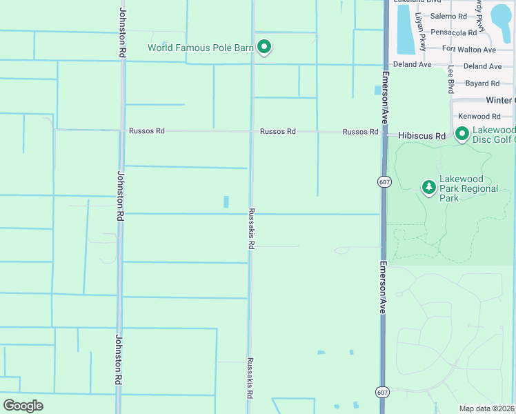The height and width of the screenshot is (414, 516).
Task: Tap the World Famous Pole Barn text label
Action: coord(201,48)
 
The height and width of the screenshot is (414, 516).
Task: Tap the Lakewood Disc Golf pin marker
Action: coord(462,133)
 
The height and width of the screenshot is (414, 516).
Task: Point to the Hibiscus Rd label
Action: coord(422,137)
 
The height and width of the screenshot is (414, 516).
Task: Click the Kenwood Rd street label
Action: coord(479,117)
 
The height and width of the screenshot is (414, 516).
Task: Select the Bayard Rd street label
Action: coord(482,83)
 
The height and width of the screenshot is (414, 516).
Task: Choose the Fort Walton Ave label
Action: coord(469,50)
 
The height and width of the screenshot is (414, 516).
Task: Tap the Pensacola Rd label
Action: coord(453,32)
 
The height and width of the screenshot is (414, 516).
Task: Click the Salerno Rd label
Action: coord(448,16)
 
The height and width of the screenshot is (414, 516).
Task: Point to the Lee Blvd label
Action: coord(450,79)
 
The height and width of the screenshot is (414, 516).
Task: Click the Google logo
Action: coord(23,406)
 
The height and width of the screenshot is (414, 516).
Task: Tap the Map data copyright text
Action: coord(487,408)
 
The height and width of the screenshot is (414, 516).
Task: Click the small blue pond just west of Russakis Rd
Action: coord(226,201)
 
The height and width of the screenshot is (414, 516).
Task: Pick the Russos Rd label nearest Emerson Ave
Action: coord(360,132)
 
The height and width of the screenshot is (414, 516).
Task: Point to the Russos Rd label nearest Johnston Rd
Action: coord(146,131)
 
